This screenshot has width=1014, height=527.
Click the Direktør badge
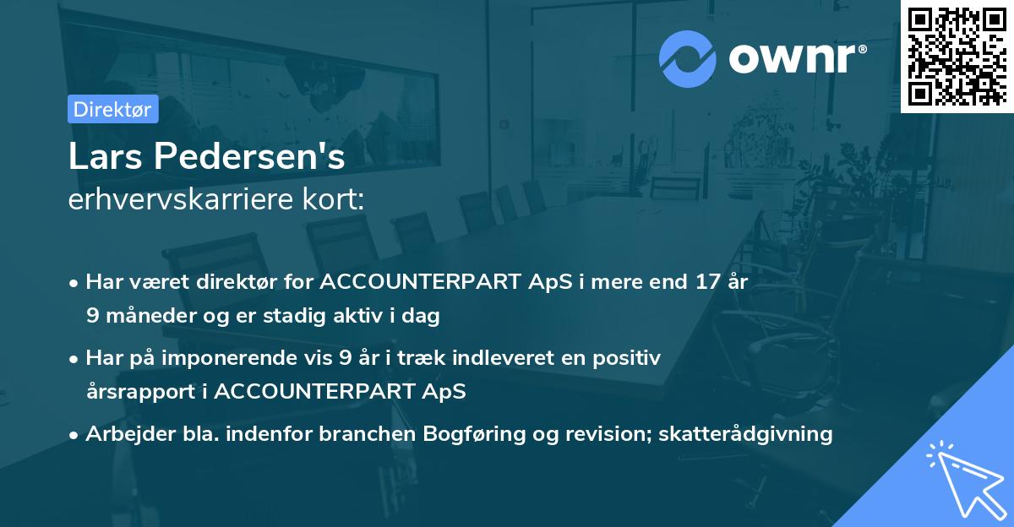(112, 109)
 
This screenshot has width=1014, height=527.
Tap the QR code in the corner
(957, 56)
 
